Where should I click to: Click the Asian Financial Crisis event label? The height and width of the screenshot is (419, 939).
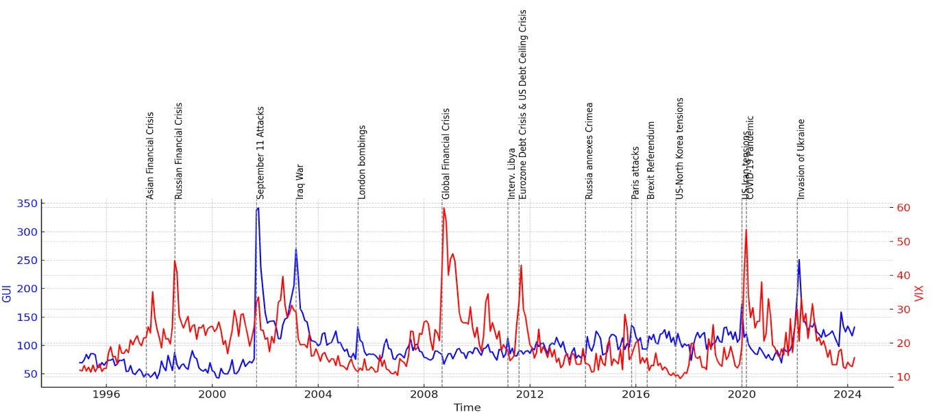(150, 156)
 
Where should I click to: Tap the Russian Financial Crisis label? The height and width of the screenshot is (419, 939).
(179, 151)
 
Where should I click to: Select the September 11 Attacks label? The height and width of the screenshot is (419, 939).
(260, 153)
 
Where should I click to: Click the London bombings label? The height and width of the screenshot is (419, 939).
(362, 163)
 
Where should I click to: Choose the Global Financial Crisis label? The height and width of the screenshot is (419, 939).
(446, 154)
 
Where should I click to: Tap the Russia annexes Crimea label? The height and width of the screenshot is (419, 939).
(589, 152)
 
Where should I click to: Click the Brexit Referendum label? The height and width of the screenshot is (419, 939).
(651, 160)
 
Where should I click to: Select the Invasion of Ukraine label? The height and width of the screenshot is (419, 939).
(801, 160)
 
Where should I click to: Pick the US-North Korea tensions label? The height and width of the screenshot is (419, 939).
(680, 149)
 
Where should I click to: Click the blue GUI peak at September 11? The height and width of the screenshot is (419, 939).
(257, 208)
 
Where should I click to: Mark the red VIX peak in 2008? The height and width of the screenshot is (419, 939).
(443, 208)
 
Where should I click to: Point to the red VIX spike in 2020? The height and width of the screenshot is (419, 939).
(746, 230)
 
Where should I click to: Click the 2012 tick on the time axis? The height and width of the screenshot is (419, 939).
(529, 395)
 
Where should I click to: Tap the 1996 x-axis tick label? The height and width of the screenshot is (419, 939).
(106, 395)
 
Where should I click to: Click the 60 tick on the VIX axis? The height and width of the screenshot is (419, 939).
(904, 208)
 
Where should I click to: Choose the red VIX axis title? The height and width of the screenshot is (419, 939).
(920, 294)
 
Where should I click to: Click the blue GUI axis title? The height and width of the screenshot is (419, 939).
(7, 294)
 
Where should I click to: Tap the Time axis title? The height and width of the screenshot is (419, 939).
(467, 408)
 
